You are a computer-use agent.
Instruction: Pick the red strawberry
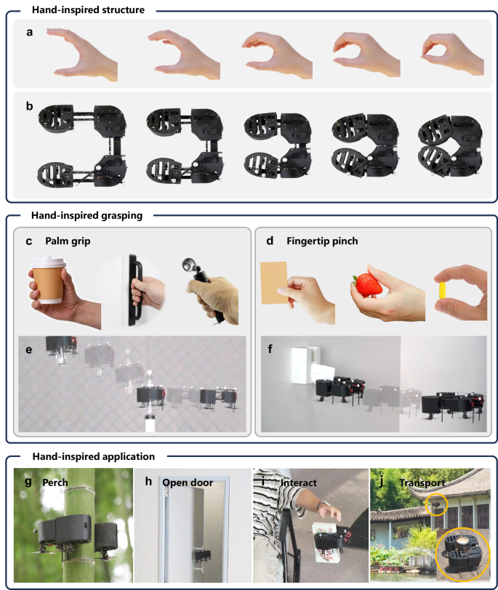pos(366,281)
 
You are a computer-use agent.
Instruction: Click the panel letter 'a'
pos(29,32)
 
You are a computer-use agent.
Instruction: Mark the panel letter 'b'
pos(29,106)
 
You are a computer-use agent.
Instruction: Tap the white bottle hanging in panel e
pos(151,421)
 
